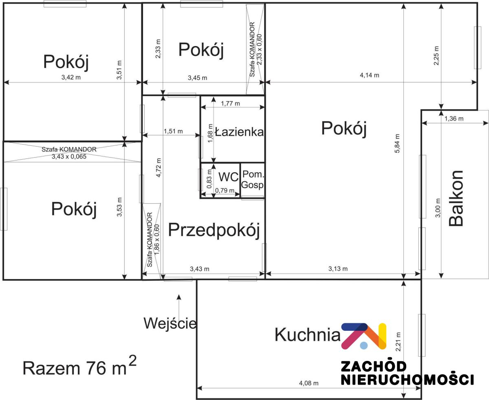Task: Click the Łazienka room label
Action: click(239, 132)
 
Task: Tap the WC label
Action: click(228, 177)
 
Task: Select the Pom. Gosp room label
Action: click(253, 180)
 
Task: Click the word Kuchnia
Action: click(307, 335)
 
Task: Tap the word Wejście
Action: click(170, 323)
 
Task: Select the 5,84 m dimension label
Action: click(397, 143)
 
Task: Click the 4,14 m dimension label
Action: click(369, 75)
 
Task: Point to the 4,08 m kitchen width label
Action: click(308, 383)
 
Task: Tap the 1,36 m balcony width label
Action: click(454, 119)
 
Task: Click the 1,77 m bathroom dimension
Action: click(231, 103)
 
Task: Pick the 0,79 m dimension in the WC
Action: click(225, 191)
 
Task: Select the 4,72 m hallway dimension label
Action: click(159, 167)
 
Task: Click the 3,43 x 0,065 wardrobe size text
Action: click(69, 157)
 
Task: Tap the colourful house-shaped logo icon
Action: click(364, 336)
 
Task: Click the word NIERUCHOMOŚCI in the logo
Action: click(407, 380)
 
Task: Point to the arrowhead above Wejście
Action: click(179, 297)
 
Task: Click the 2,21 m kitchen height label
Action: click(399, 342)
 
